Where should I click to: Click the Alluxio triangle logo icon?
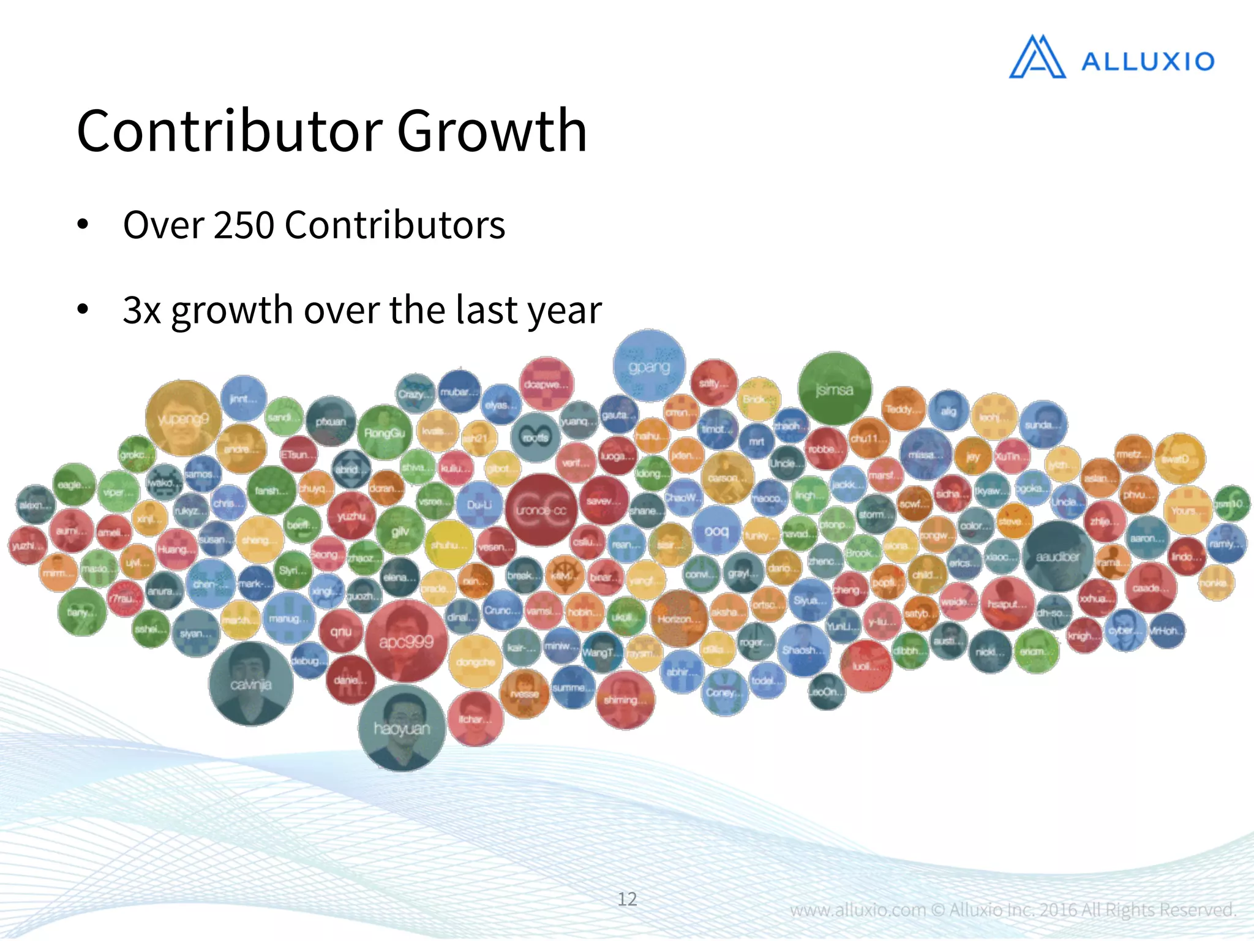pos(1037,58)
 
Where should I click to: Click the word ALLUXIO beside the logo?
pos(1147,62)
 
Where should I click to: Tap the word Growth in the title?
pos(492,131)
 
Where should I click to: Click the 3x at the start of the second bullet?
pos(141,310)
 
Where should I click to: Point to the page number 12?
pos(627,899)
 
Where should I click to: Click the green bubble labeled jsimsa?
pos(835,389)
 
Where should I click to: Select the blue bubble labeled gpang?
pos(649,366)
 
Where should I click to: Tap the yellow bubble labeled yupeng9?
pos(183,418)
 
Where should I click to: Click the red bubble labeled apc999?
pos(407,641)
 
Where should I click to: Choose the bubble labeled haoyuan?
pos(402,727)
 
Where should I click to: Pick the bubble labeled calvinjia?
pos(250,683)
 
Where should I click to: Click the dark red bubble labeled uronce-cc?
pos(541,510)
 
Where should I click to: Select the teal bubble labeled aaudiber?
pos(1057,556)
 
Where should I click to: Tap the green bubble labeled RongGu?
pos(385,433)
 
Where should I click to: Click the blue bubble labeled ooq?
pos(716,530)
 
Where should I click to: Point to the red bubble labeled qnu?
pos(341,631)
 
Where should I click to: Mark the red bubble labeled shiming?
pos(625,700)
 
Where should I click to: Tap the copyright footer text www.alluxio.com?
pos(857,910)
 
